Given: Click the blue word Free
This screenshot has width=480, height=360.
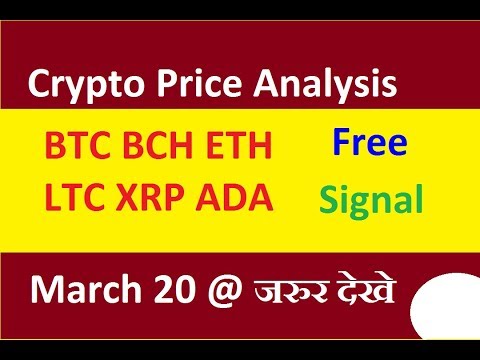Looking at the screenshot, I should pos(371,144).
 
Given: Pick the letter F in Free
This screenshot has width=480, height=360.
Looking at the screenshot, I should pos(340,144).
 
